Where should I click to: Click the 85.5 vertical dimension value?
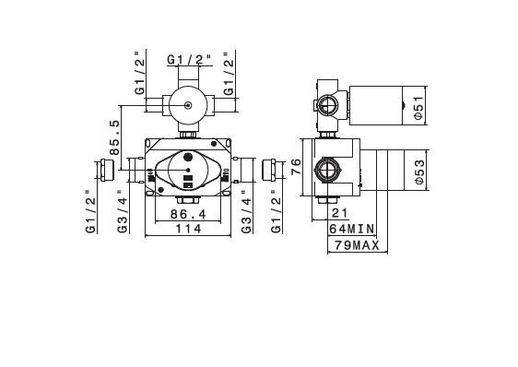pyautogui.click(x=114, y=137)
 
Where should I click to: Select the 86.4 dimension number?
pyautogui.click(x=188, y=214)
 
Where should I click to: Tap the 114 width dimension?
pyautogui.click(x=188, y=229)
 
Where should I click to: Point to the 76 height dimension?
pyautogui.click(x=297, y=167)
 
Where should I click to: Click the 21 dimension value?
pyautogui.click(x=339, y=213)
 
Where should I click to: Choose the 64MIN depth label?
pyautogui.click(x=352, y=229)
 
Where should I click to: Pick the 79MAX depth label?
pyautogui.click(x=357, y=245)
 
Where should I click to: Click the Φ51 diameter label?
pyautogui.click(x=418, y=108)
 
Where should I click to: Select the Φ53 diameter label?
pyautogui.click(x=418, y=172)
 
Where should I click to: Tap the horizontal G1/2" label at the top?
pyautogui.click(x=189, y=60)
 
